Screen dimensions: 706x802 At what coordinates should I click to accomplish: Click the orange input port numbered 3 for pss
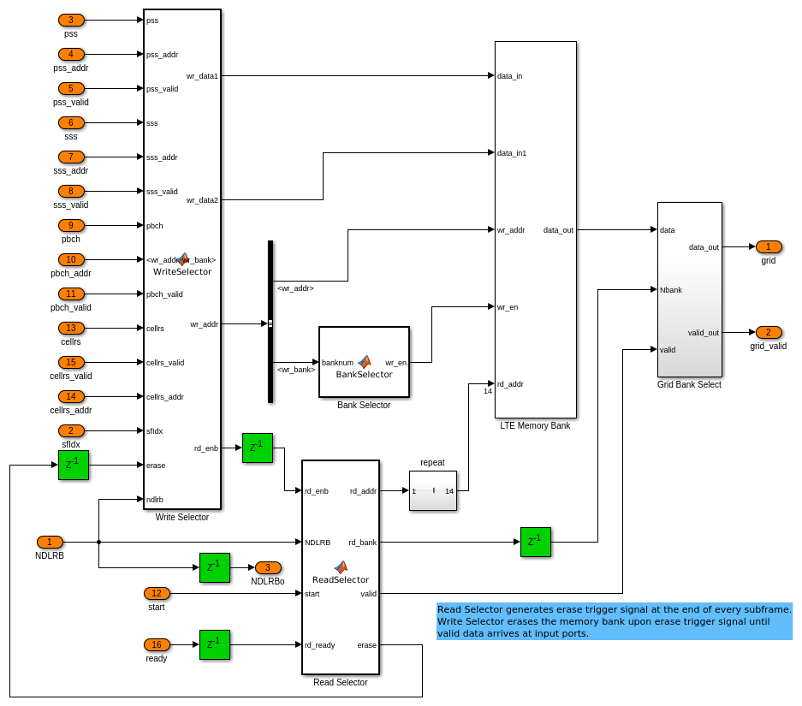click(x=71, y=20)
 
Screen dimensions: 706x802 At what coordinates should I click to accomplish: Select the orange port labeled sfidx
click(x=71, y=430)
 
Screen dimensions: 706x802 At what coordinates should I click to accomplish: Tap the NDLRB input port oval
click(x=50, y=542)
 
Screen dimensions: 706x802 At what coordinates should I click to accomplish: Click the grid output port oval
click(x=769, y=246)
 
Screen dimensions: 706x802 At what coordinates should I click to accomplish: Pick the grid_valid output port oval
click(x=769, y=332)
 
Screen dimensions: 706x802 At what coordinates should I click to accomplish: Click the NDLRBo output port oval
click(x=268, y=567)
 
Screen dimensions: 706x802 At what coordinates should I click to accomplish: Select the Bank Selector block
click(x=364, y=362)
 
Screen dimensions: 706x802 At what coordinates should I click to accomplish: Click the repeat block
click(x=432, y=490)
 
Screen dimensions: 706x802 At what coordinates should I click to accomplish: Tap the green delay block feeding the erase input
click(x=74, y=465)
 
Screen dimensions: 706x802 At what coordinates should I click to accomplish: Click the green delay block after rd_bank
click(x=536, y=542)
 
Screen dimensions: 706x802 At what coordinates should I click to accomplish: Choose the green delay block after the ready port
click(x=215, y=644)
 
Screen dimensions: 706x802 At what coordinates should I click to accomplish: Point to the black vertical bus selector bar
click(x=270, y=321)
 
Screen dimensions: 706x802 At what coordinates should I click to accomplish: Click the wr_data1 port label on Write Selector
click(x=202, y=76)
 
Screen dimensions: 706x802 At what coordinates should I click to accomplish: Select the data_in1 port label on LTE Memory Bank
click(x=512, y=153)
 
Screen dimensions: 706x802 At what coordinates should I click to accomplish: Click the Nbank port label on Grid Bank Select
click(x=671, y=290)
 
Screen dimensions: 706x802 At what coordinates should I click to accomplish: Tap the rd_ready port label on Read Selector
click(x=320, y=645)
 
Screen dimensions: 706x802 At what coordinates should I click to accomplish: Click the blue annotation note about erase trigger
click(x=614, y=621)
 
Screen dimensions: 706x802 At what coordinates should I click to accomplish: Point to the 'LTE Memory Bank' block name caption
click(x=535, y=425)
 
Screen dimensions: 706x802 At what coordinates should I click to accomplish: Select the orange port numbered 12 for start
click(x=157, y=593)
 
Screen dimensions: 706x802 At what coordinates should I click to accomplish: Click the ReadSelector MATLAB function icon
click(x=341, y=567)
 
